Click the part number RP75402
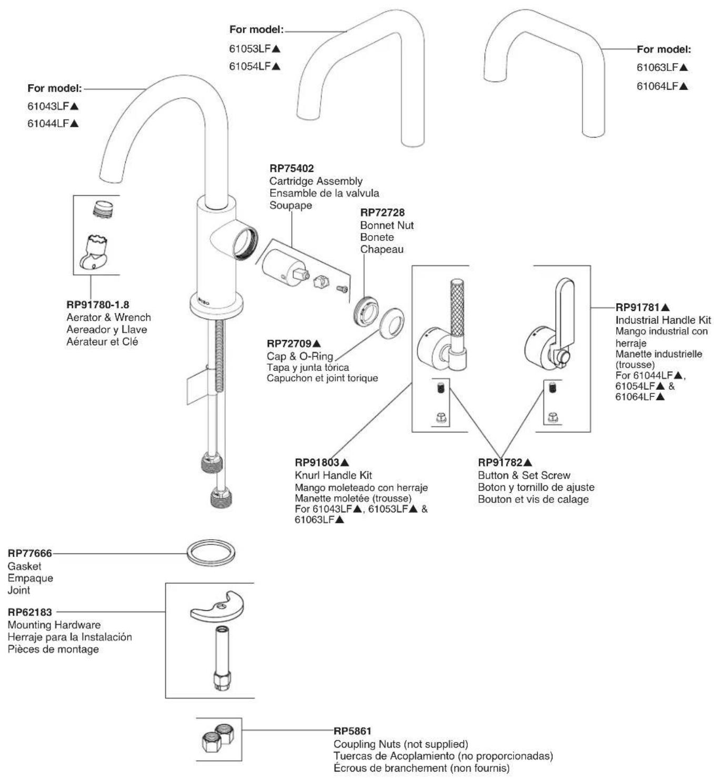(291, 168)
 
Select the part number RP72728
(382, 213)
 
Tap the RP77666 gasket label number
(30, 553)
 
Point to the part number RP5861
(353, 731)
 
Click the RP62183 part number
(30, 612)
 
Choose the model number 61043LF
(48, 106)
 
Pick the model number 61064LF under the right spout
(657, 86)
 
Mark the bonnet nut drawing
(366, 309)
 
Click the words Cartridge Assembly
(316, 181)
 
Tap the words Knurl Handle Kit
(334, 475)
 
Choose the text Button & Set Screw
(524, 475)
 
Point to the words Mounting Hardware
(54, 625)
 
